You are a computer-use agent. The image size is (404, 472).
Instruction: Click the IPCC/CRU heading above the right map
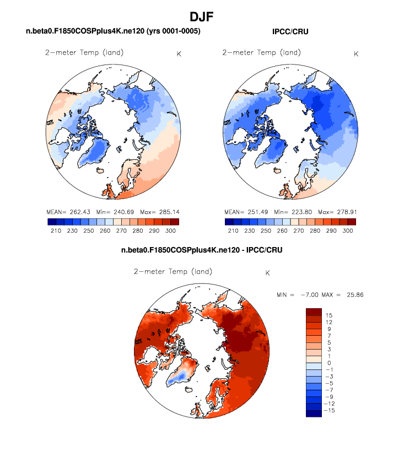tap(290, 32)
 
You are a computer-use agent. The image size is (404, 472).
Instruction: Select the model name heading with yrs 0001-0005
tap(113, 32)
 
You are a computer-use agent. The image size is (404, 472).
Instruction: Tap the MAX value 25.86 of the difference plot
tap(353, 295)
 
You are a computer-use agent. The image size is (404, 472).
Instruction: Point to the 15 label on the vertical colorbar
tap(328, 315)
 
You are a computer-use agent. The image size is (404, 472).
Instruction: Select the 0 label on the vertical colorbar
tap(328, 363)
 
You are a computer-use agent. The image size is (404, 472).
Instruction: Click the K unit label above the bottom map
tap(268, 273)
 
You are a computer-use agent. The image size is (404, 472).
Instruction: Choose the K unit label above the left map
tap(179, 53)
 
